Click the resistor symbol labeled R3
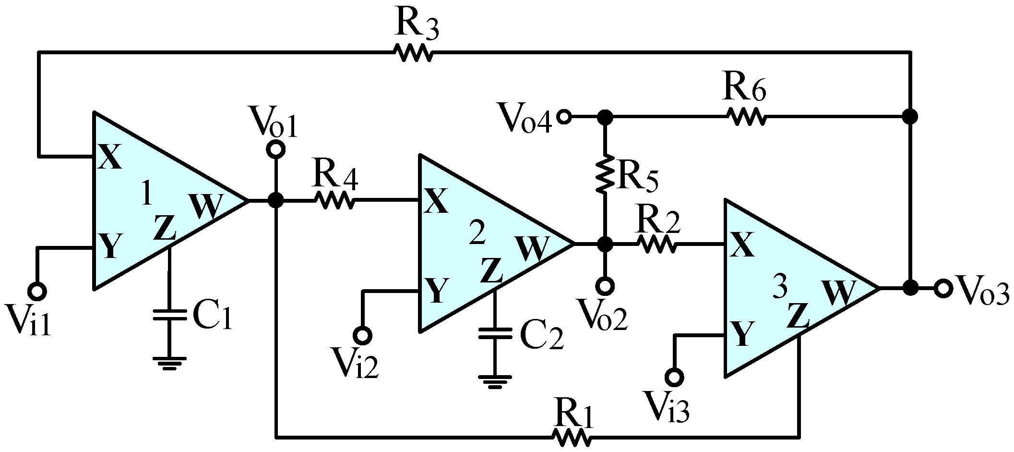413,52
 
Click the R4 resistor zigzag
334,201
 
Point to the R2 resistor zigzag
657,244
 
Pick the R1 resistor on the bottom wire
571,437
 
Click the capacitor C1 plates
169,315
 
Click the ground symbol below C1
169,363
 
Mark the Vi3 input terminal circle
674,377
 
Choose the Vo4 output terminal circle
564,117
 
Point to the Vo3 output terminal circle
942,289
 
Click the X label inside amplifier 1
110,159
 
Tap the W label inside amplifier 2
532,248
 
